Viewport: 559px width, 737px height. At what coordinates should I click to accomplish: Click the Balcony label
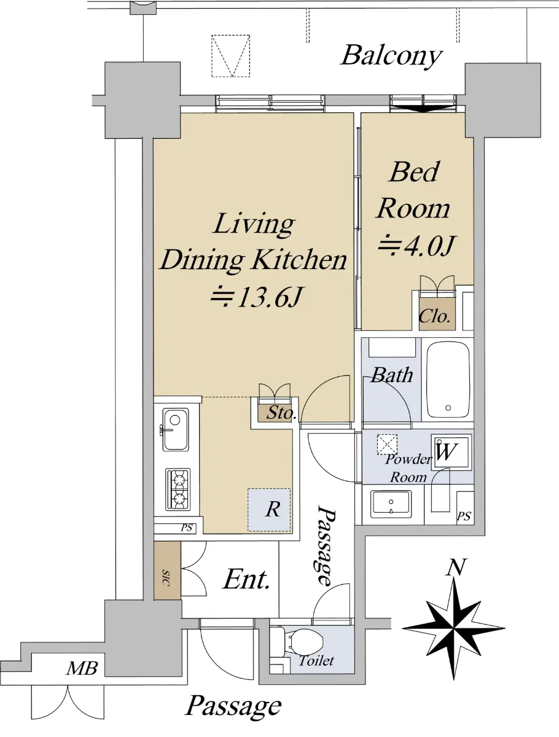click(391, 57)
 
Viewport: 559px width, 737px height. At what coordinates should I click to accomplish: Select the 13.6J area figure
click(257, 297)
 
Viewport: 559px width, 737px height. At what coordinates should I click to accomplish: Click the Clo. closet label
click(434, 316)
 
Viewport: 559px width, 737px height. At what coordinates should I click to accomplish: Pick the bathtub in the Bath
click(448, 380)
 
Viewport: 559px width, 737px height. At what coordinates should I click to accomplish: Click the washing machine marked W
click(451, 452)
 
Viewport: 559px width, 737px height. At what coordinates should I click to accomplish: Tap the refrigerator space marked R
click(269, 510)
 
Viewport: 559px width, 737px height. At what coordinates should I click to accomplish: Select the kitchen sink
click(176, 429)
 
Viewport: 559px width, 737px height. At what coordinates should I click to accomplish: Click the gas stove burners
click(178, 489)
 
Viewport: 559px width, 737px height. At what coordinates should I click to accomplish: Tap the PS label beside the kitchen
click(187, 528)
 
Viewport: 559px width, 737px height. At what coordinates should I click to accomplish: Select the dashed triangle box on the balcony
click(230, 56)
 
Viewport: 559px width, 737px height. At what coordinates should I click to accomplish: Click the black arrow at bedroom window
click(423, 108)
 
